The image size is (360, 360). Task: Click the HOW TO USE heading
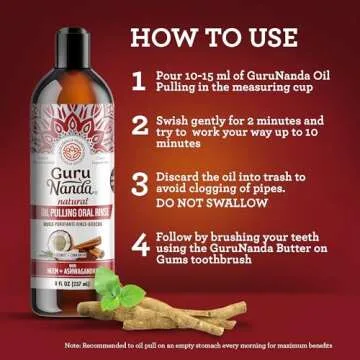tap(214, 39)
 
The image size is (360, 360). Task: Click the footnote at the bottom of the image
tap(180, 346)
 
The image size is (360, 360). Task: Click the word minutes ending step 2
tap(180, 143)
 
